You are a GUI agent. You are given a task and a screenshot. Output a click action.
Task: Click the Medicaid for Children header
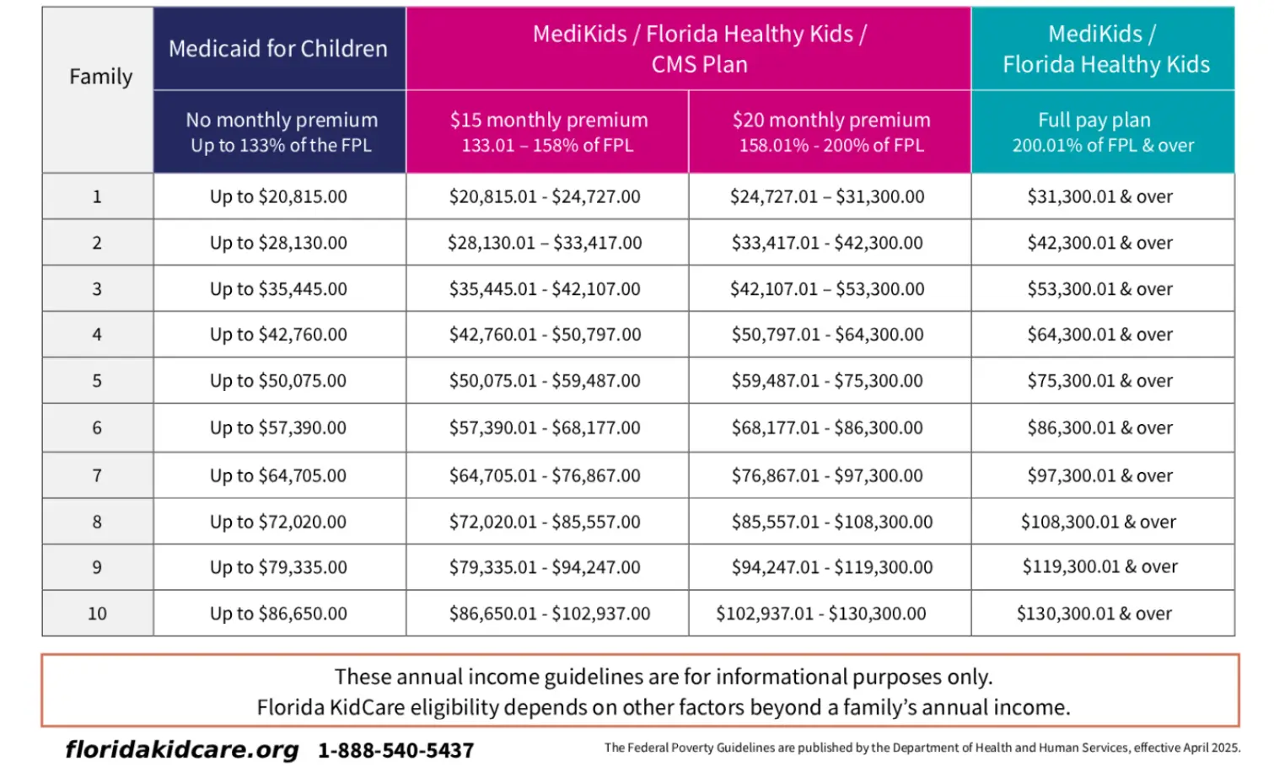[x=278, y=49]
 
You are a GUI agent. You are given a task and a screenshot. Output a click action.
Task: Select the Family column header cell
[x=100, y=77]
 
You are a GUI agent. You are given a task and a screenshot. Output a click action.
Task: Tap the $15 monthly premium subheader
[x=548, y=131]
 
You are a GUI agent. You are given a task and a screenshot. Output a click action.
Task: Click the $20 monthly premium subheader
[x=831, y=131]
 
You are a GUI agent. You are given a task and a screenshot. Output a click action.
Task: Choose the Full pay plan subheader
[x=1102, y=131]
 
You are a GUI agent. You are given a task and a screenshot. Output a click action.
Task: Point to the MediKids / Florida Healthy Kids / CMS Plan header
[x=699, y=49]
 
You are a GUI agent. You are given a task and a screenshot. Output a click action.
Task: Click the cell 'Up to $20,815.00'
[x=278, y=196]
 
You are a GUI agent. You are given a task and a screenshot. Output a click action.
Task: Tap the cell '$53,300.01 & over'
[x=1099, y=289]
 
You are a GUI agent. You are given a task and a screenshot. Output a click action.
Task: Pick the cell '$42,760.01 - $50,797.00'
[x=545, y=335]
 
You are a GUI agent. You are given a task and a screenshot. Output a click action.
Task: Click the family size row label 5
[x=97, y=381]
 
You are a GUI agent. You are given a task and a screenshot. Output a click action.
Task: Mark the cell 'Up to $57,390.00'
[x=278, y=428]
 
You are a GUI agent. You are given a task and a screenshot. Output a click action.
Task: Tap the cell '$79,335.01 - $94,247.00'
[x=545, y=567]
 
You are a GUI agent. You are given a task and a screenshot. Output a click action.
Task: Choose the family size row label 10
[x=97, y=614]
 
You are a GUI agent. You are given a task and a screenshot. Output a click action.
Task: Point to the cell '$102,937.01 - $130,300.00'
[x=821, y=614]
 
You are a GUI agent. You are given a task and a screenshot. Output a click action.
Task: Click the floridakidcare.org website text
[x=182, y=749]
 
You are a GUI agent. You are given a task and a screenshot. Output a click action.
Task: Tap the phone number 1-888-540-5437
[x=395, y=750]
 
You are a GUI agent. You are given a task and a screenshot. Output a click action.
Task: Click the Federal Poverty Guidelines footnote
[x=922, y=748]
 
